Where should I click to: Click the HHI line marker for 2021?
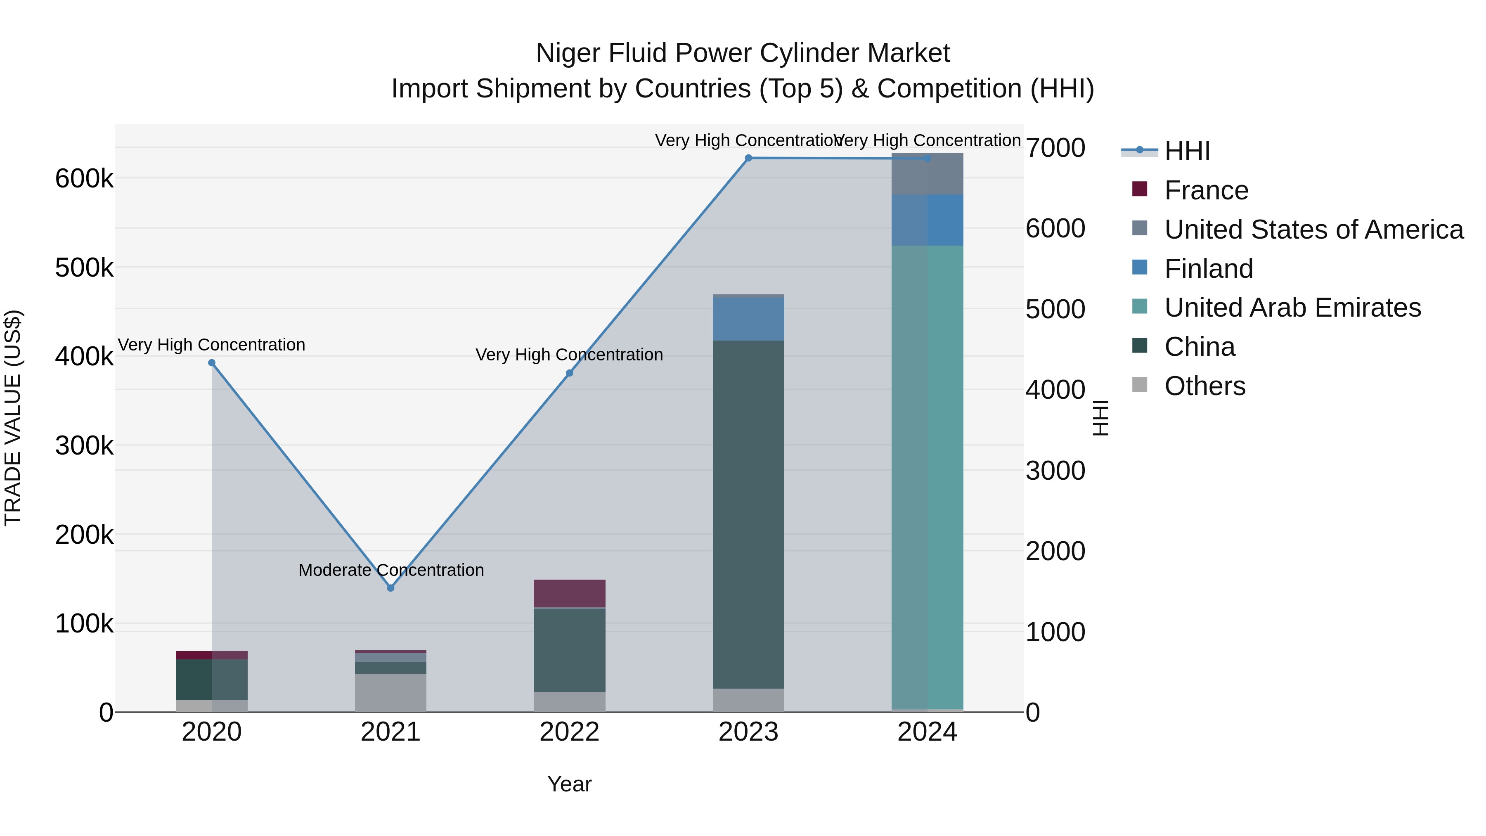tap(390, 588)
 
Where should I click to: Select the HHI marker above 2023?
tap(748, 158)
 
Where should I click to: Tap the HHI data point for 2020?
tap(212, 363)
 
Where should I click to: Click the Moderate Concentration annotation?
tap(391, 570)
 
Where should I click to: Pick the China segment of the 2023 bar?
tap(748, 514)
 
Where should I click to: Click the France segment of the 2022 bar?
tap(569, 593)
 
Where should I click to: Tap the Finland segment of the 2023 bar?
tap(748, 319)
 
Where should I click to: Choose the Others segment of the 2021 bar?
tap(390, 692)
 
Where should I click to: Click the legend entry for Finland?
tap(1209, 269)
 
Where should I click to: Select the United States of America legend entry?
tap(1313, 230)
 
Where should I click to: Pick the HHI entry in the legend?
tap(1187, 151)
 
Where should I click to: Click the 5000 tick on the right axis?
tap(1055, 309)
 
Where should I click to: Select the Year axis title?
tap(569, 784)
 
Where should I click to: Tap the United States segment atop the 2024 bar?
tap(927, 174)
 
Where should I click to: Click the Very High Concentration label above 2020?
tap(212, 345)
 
